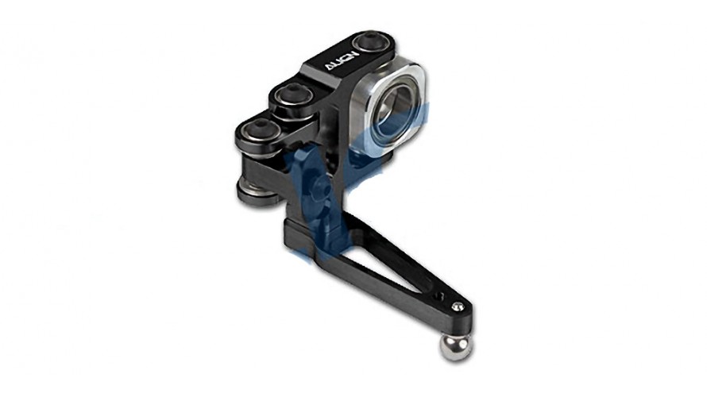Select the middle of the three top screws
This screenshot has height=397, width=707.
click(292, 95)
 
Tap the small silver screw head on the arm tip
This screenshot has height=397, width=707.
click(458, 306)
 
